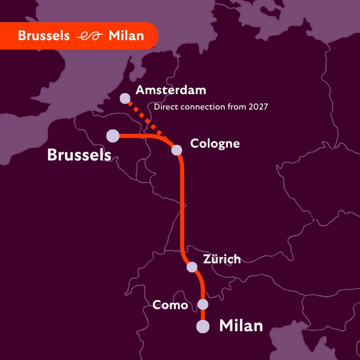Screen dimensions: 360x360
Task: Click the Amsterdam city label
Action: [170, 91]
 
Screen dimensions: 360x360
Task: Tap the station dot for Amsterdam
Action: [125, 98]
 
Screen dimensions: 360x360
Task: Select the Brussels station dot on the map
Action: [113, 136]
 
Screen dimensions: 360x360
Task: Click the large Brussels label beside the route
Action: [79, 154]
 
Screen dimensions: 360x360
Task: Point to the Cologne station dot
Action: [176, 150]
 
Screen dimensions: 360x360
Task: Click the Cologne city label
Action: [215, 143]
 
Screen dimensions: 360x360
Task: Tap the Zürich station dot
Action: [192, 267]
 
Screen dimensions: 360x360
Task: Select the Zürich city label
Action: [222, 259]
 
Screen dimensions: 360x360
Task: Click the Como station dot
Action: [203, 304]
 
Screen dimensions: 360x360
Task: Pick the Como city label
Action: [170, 305]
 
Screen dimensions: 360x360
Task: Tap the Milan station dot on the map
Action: [203, 327]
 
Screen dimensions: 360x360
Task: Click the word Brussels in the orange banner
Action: [44, 36]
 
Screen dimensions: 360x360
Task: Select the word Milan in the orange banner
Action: [127, 36]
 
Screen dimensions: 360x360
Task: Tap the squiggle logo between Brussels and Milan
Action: [89, 37]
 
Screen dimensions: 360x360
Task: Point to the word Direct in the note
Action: [165, 107]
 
